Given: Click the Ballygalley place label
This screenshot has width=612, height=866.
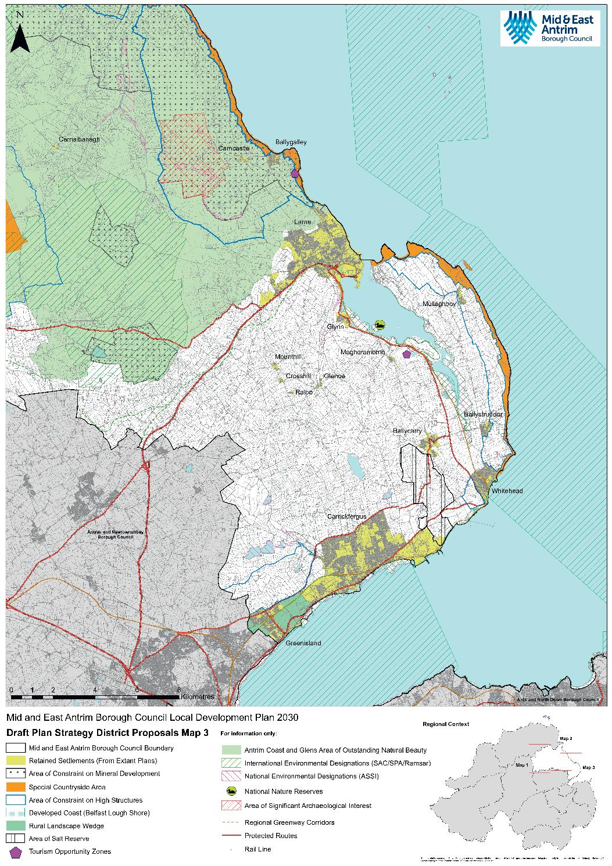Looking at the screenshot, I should coord(290,142).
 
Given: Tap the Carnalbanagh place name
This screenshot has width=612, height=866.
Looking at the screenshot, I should coord(80,139).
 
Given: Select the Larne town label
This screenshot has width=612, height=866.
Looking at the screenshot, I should coord(302,222).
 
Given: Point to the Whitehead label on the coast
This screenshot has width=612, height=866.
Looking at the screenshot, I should coord(507,491).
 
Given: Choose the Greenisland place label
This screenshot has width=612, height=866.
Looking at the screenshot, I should coord(303,644).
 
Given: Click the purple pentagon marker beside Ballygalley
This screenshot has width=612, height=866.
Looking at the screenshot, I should coord(295,173).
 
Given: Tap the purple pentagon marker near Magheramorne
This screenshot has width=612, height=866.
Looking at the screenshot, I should coord(406,353).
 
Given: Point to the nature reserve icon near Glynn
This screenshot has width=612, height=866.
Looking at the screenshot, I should coord(380,325).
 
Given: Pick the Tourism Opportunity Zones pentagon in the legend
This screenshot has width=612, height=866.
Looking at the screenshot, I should coord(16,852).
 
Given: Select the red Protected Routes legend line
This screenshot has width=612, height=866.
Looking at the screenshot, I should coord(231,836).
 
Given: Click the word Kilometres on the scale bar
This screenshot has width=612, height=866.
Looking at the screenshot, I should coord(198,696).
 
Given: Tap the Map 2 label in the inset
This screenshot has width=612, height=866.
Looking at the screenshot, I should coord(566,738).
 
